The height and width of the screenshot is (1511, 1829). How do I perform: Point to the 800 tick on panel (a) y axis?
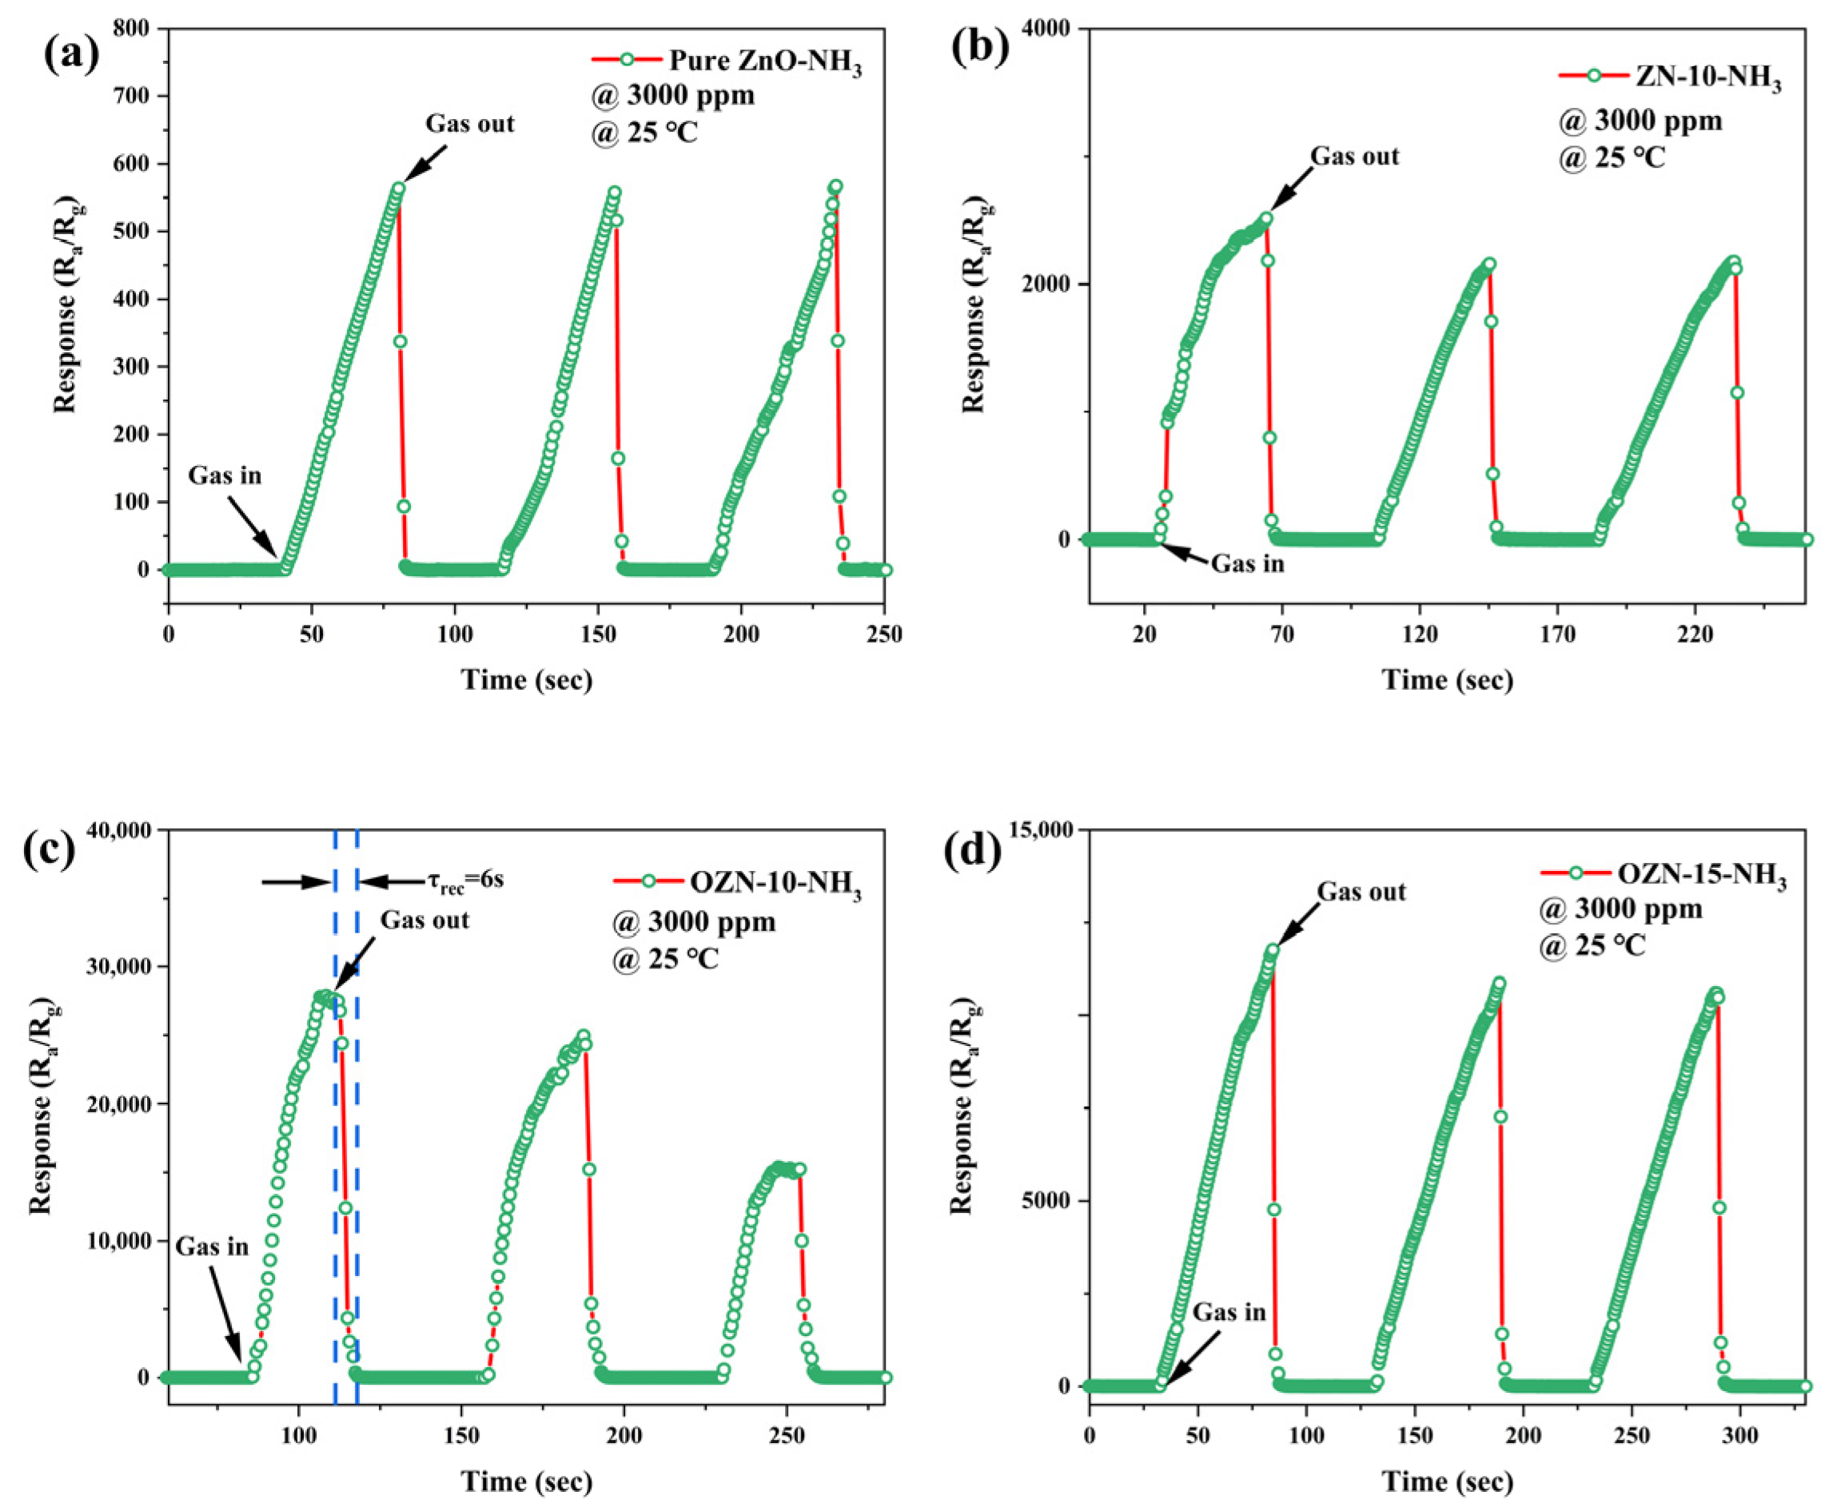coord(133,29)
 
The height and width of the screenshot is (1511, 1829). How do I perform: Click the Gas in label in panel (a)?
coord(225,476)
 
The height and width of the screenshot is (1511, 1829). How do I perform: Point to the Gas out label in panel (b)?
coord(1354,157)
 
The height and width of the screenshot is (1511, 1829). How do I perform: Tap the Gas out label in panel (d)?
coord(1361,893)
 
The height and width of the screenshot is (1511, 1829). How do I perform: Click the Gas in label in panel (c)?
coord(212,1247)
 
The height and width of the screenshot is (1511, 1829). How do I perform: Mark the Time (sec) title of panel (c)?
coord(526,1481)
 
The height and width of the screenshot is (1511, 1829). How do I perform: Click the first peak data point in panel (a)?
coord(399,188)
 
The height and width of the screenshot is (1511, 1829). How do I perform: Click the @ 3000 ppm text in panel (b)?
coord(1640,121)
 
